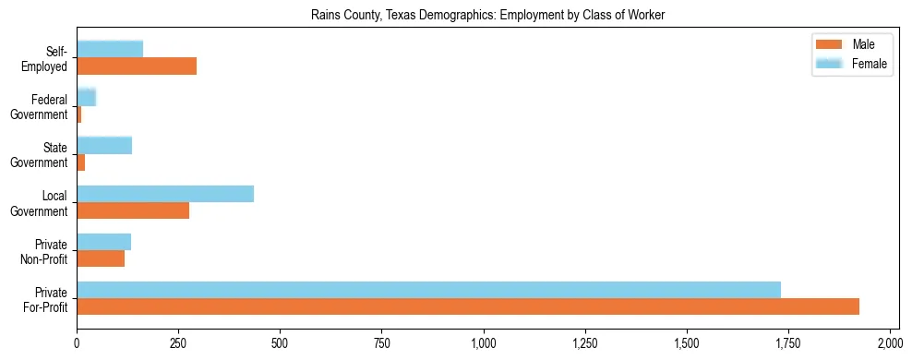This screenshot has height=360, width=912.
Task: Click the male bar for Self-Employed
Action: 137,66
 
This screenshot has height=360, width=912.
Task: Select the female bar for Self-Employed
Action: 110,49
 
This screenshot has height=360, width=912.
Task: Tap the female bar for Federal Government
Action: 86,97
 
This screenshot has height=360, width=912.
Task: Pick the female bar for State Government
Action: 104,145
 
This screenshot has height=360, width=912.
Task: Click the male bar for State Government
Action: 81,162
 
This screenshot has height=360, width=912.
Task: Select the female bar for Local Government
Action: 165,194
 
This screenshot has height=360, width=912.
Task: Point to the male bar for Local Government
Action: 133,210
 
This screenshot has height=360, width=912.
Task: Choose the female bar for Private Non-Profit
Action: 104,242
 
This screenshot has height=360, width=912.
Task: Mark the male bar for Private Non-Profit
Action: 101,258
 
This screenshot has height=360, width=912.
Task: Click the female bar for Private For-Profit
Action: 428,290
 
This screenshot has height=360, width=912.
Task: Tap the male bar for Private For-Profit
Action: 468,306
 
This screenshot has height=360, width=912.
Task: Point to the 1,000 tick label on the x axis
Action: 484,343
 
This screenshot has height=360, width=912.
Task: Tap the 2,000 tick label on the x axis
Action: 890,343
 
